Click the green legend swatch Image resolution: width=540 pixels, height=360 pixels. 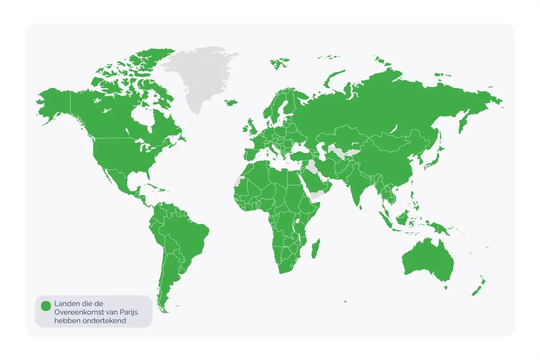pos(46,306)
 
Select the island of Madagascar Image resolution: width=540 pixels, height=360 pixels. pos(316,248)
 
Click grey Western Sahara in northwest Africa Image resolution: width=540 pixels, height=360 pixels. pos(238,181)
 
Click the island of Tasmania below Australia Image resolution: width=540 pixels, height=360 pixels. pos(446,287)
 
